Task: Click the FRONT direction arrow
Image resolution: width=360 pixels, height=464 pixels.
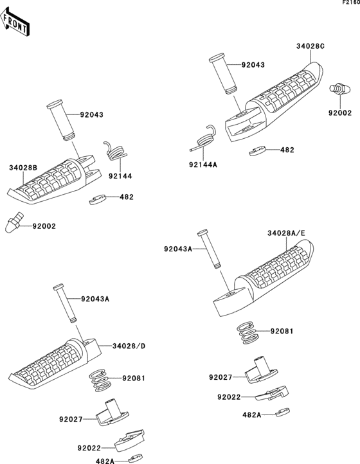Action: click(x=14, y=22)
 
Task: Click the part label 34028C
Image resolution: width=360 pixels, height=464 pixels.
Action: click(x=310, y=46)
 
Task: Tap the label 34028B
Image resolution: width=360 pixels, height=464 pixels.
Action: click(x=23, y=168)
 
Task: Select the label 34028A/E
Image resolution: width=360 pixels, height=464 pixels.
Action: click(x=286, y=233)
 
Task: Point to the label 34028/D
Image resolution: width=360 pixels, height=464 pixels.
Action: click(x=129, y=346)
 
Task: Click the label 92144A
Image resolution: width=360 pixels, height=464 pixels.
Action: click(x=203, y=165)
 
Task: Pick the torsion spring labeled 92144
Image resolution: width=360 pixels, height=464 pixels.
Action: click(x=116, y=151)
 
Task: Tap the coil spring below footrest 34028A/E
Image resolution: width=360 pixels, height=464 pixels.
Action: click(x=248, y=332)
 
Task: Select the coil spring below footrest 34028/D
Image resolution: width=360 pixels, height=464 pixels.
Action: click(x=101, y=380)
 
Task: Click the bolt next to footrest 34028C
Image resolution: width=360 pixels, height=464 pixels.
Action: click(x=341, y=89)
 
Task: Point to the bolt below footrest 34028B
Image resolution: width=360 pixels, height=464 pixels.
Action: click(x=14, y=222)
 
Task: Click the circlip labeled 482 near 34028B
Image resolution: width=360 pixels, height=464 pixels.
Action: click(x=98, y=200)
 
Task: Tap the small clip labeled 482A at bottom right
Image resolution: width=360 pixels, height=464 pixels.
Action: click(x=283, y=412)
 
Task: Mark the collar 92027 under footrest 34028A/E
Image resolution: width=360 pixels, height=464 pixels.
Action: click(x=261, y=370)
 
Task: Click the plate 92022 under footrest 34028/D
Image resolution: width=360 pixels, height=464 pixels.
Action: click(x=129, y=441)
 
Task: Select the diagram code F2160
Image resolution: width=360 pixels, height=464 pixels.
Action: click(x=351, y=2)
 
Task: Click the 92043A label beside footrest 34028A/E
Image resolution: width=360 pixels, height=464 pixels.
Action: click(x=178, y=249)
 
